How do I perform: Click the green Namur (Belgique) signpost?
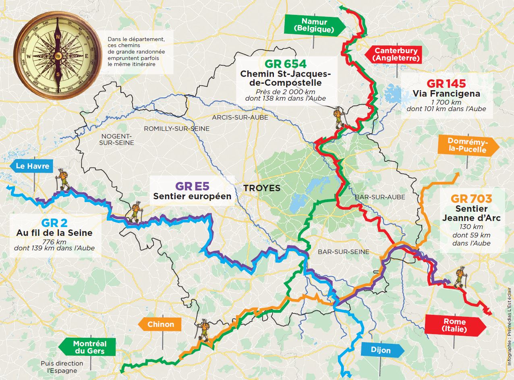tap(314, 25)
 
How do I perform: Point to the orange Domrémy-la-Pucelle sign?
tap(467, 147)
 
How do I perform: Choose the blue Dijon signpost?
tap(381, 350)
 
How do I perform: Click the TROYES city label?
tap(261, 188)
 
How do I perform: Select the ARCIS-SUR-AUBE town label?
tap(235, 117)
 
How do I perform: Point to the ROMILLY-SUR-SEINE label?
tap(177, 128)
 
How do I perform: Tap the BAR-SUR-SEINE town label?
tap(343, 252)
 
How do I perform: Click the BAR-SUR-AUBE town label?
tap(380, 197)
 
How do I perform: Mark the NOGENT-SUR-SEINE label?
tap(117, 139)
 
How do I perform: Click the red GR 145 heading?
tap(446, 83)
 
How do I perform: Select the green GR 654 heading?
tap(285, 64)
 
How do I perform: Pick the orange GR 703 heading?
tap(471, 199)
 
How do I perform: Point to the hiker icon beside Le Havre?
tap(63, 180)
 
